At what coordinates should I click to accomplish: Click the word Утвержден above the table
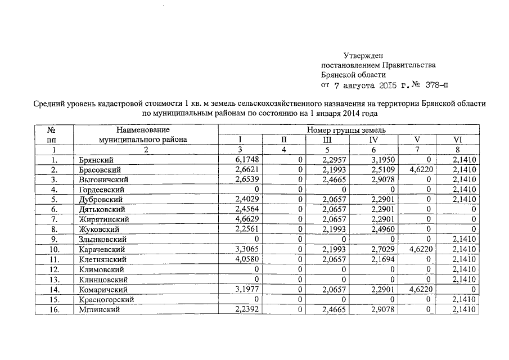pyautogui.click(x=363, y=56)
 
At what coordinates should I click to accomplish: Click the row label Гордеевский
pyautogui.click(x=101, y=190)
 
